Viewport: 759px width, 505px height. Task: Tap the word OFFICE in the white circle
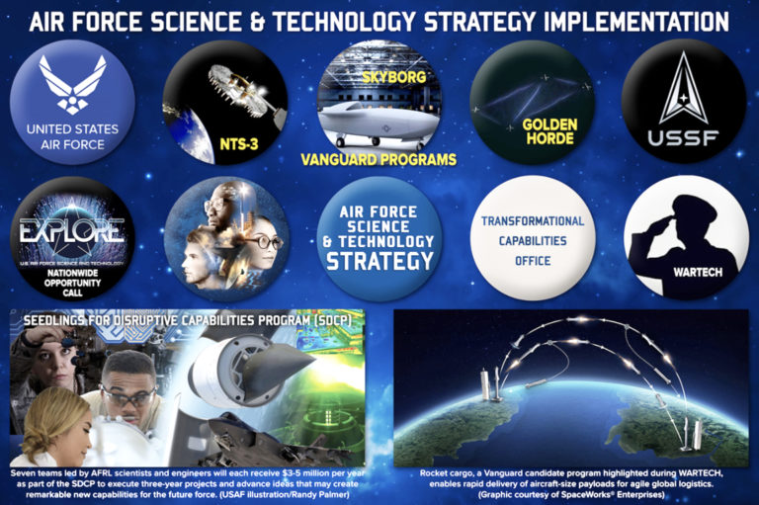point(534,261)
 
